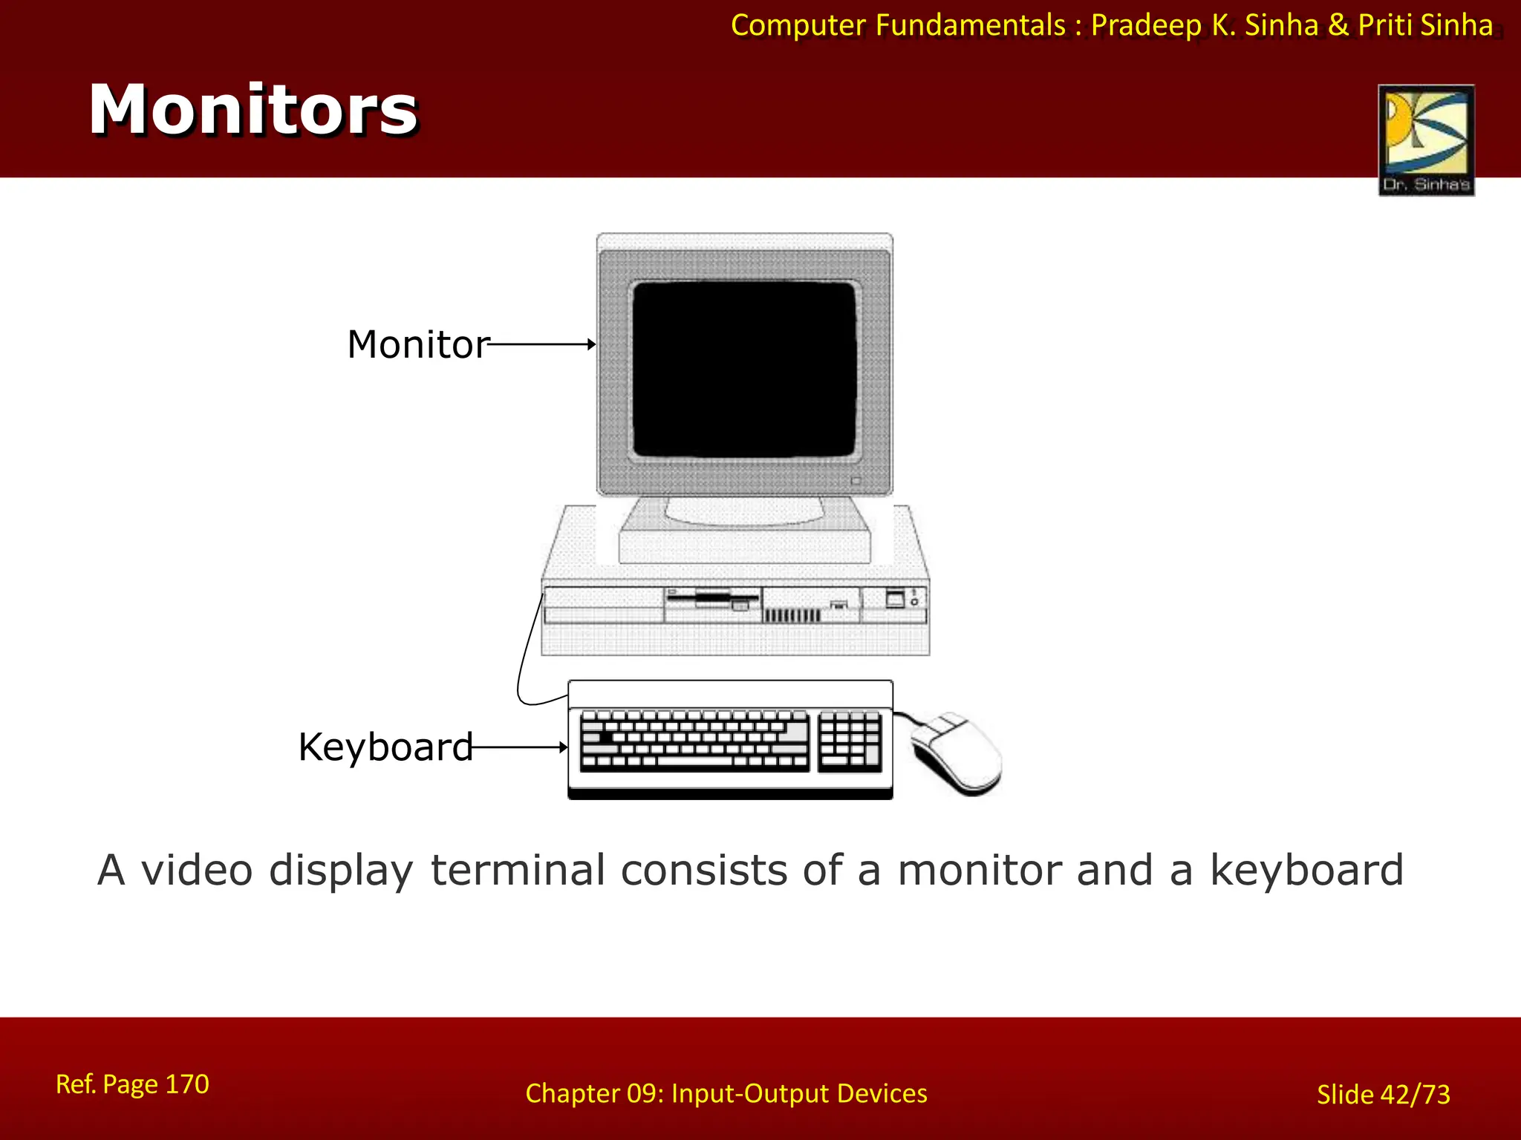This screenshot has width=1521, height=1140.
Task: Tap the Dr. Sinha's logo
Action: coord(1426,140)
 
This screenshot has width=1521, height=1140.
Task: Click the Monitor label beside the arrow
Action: coord(417,344)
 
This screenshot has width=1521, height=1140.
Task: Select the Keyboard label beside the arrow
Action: coord(385,747)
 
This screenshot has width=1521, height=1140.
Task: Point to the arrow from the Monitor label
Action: coord(542,344)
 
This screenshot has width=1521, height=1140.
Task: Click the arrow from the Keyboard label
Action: coord(520,747)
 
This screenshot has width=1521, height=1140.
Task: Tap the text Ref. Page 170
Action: coord(132,1084)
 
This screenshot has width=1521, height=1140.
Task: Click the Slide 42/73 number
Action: coord(1383,1095)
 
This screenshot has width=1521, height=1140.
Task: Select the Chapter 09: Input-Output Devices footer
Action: coord(726,1093)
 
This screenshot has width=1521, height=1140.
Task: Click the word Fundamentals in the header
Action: coord(970,25)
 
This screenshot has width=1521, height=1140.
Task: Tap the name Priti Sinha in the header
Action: coord(1425,25)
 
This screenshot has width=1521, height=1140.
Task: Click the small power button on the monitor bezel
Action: coord(856,481)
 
